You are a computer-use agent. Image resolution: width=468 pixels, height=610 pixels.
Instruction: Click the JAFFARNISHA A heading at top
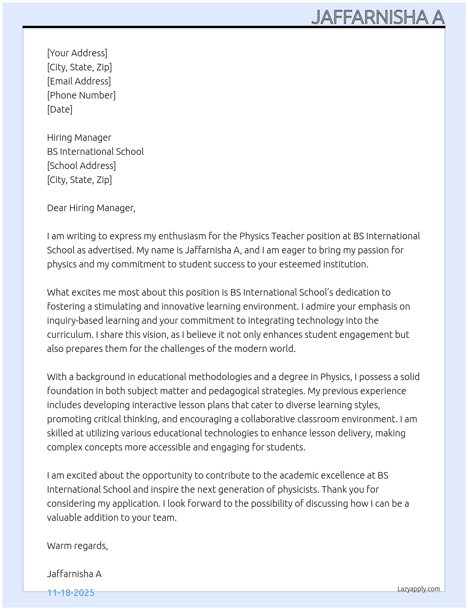point(378,17)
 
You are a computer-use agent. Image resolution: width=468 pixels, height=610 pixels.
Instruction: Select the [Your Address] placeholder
point(77,53)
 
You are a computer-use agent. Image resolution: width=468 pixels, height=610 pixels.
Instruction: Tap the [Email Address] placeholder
point(79,81)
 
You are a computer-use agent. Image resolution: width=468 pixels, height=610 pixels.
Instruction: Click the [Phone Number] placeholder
point(81,95)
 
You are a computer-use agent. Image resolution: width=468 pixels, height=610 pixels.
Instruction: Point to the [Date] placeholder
point(60,109)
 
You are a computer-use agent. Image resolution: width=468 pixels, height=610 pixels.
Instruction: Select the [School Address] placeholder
point(81,166)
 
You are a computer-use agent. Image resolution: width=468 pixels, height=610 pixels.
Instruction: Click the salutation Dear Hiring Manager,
point(91,208)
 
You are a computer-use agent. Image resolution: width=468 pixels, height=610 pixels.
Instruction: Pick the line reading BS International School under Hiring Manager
point(95,152)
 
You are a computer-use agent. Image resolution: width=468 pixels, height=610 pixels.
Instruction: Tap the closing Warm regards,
point(78,546)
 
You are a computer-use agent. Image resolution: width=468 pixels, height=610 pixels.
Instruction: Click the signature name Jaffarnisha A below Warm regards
point(74,574)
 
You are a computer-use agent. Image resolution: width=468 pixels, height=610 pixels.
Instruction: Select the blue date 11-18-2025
point(71,593)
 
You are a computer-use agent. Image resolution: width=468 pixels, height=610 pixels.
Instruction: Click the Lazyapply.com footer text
point(419,589)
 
